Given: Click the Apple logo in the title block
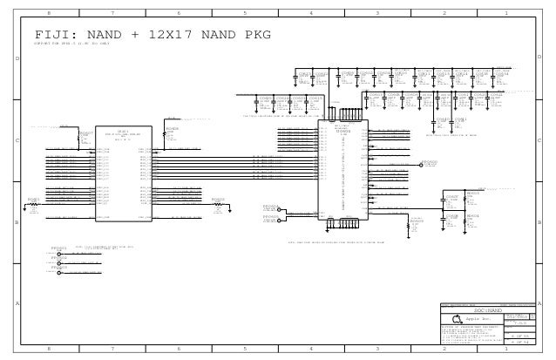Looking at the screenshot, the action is click(455, 319).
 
